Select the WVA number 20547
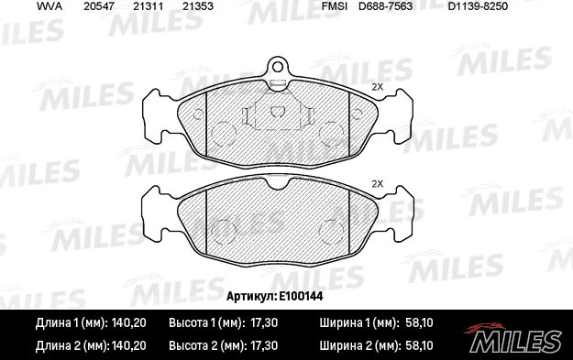point(98,6)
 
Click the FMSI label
point(333,6)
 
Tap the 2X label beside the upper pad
point(377,87)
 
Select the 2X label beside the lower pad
point(377,184)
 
